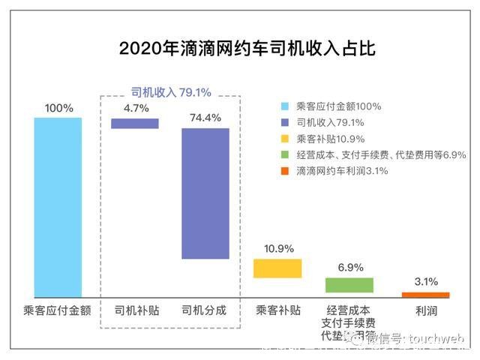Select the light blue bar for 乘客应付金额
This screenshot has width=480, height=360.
tap(58, 207)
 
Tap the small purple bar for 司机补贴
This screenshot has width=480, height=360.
tap(135, 124)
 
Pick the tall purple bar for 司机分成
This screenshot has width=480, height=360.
tap(205, 193)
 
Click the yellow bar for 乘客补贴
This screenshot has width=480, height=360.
tap(277, 268)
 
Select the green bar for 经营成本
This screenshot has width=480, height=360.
tap(349, 285)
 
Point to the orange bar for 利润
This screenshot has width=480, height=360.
tap(426, 295)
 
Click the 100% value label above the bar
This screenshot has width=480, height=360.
tap(58, 108)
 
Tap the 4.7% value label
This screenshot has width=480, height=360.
tap(136, 108)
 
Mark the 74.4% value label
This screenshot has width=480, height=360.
tap(205, 118)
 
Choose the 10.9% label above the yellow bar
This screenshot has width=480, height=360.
tap(278, 248)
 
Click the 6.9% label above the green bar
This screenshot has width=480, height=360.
tap(349, 267)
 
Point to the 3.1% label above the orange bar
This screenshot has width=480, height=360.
tap(426, 282)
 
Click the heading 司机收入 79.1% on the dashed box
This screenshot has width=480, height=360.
tap(171, 92)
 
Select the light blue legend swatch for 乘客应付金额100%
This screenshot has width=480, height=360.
tap(283, 106)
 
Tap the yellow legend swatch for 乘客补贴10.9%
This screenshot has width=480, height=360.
tap(283, 139)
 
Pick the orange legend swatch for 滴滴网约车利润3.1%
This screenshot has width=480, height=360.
tap(283, 172)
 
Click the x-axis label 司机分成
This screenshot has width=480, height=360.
tap(204, 310)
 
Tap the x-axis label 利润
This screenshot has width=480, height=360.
tap(426, 310)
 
